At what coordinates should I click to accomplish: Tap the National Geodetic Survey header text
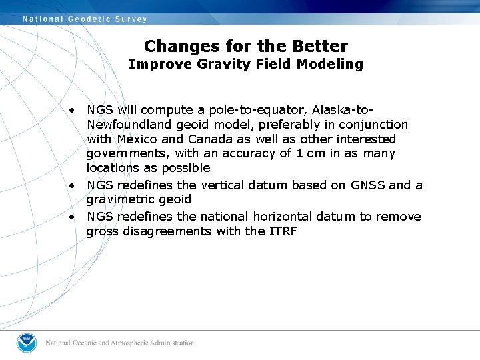pos(85,19)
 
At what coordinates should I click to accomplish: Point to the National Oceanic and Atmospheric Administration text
pos(120,343)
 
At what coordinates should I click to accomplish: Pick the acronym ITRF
pos(282,231)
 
